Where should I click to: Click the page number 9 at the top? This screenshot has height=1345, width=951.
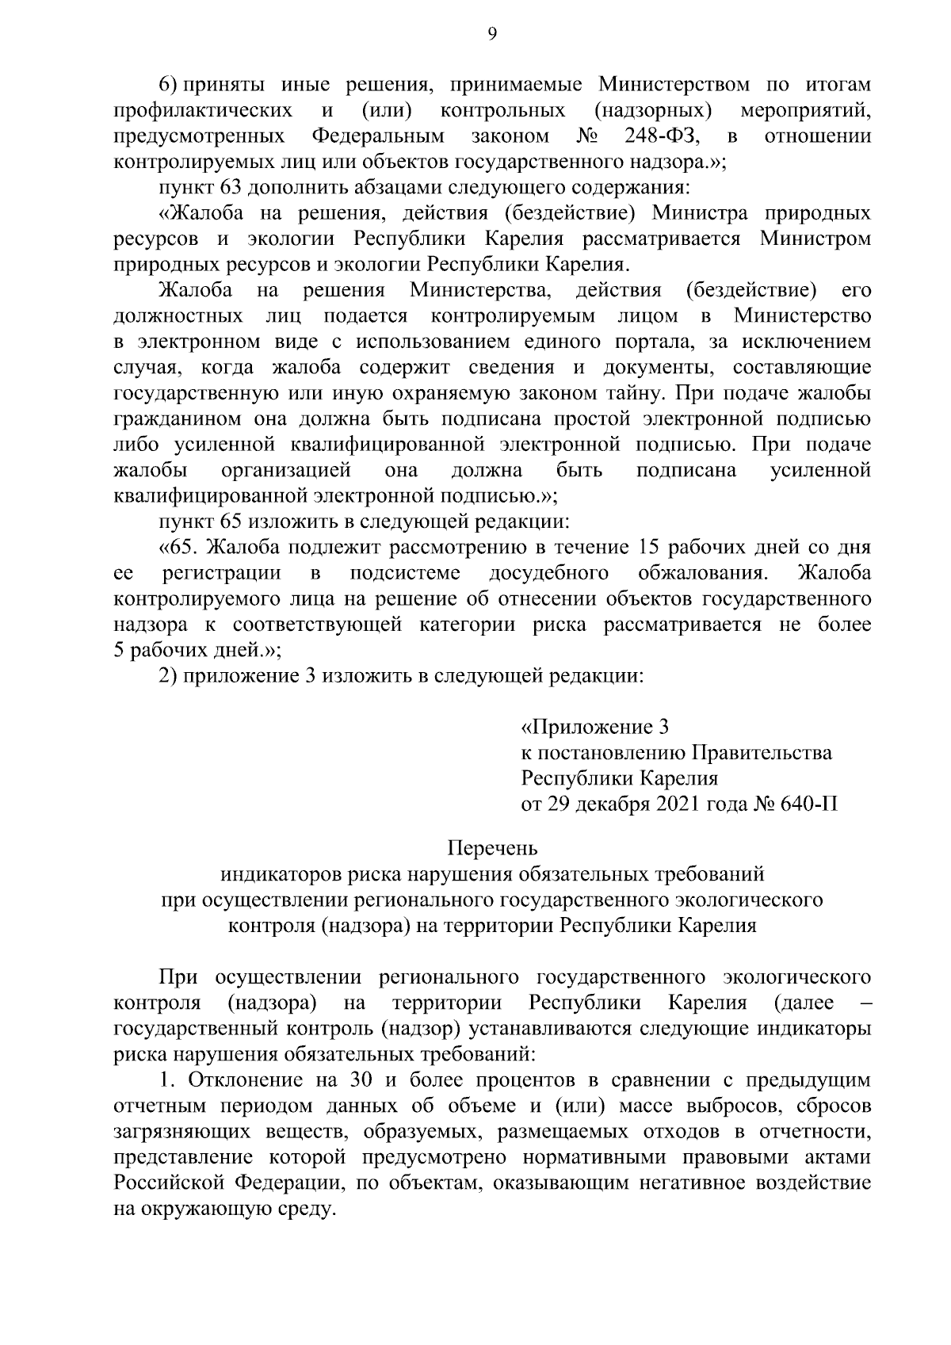pyautogui.click(x=492, y=33)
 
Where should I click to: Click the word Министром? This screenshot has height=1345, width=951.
pyautogui.click(x=815, y=239)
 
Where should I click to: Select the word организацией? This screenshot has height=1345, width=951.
pyautogui.click(x=286, y=471)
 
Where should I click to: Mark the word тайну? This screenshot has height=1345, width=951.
pyautogui.click(x=632, y=394)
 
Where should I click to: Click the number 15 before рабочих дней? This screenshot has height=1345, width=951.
pyautogui.click(x=642, y=548)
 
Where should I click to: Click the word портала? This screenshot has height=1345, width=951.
pyautogui.click(x=662, y=342)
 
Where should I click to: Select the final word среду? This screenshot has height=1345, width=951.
pyautogui.click(x=303, y=1210)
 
